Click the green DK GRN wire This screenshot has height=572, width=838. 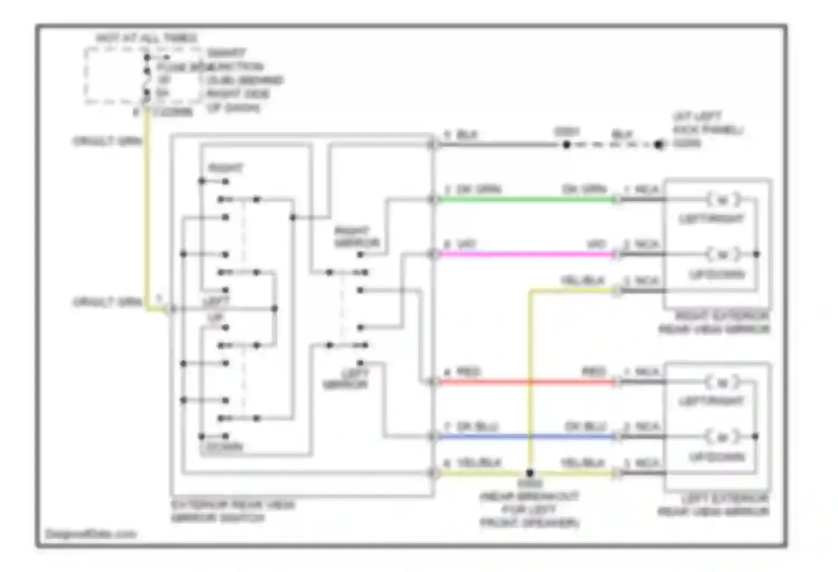(x=525, y=199)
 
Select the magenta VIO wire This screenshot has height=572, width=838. (x=525, y=254)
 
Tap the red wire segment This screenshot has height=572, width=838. (x=525, y=382)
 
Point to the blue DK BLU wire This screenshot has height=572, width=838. (x=525, y=436)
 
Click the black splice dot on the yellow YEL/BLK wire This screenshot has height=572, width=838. (x=530, y=473)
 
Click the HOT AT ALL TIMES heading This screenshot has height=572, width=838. (x=146, y=38)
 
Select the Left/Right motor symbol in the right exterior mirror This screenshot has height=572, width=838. (x=723, y=199)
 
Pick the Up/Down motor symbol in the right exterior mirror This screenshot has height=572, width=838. (x=723, y=255)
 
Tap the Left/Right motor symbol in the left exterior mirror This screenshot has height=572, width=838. (x=723, y=383)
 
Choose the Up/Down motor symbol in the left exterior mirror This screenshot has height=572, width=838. (x=723, y=436)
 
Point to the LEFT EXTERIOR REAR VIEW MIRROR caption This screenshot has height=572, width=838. (x=714, y=505)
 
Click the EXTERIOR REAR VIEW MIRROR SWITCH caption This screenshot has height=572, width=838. (x=232, y=511)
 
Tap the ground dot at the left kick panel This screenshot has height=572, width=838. (x=659, y=145)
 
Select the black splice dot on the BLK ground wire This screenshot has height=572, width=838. (x=566, y=145)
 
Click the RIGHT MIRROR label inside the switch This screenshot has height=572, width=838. (x=356, y=237)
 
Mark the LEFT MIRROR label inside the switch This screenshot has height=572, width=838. (x=346, y=379)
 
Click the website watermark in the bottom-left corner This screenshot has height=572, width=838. (x=91, y=534)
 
